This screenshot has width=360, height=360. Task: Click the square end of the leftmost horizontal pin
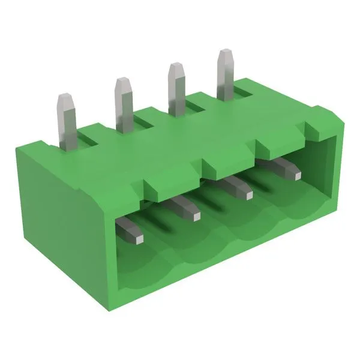[x=137, y=238]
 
